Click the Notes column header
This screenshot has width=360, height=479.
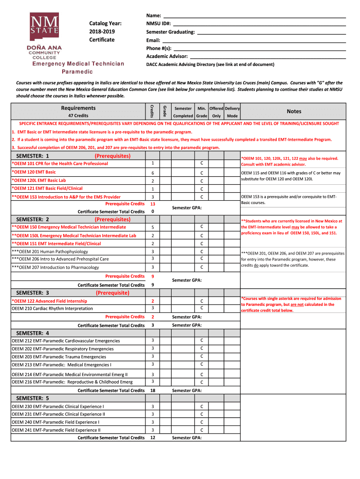[294, 111]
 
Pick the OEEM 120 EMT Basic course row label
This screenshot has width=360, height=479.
[34, 172]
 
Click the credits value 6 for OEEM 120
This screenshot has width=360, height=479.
[153, 173]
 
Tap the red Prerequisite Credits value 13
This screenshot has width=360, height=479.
[153, 204]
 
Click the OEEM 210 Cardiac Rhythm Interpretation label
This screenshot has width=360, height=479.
[52, 309]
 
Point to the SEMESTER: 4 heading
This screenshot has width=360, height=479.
[33, 333]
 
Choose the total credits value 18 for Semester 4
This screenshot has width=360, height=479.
[153, 391]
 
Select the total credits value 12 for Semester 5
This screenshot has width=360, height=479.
[153, 438]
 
